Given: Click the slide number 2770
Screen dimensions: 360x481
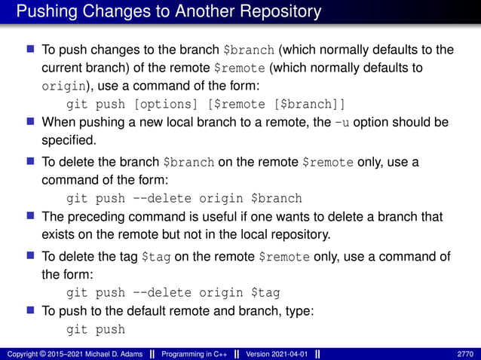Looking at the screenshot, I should point(465,354).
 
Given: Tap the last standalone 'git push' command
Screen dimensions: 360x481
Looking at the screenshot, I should point(96,330).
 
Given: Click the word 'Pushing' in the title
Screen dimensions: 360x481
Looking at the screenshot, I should point(45,12).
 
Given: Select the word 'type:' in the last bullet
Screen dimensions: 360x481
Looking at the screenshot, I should point(286,312).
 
